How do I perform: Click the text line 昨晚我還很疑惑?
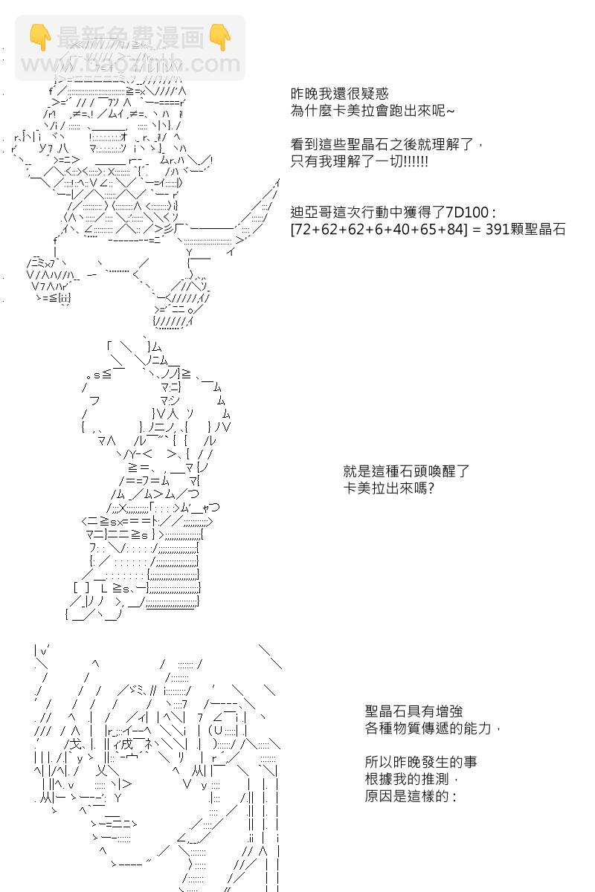(x=340, y=94)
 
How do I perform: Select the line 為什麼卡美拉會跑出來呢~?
(x=370, y=111)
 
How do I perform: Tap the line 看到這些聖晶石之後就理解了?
(x=387, y=144)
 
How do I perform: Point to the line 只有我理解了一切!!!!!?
(x=359, y=161)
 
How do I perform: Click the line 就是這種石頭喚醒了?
(x=406, y=471)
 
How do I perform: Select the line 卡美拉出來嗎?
(x=389, y=488)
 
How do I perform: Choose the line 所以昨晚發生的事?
(x=421, y=762)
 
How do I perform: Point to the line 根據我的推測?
(x=408, y=779)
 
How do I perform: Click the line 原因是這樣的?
(x=408, y=796)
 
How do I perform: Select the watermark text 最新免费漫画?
(x=129, y=37)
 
